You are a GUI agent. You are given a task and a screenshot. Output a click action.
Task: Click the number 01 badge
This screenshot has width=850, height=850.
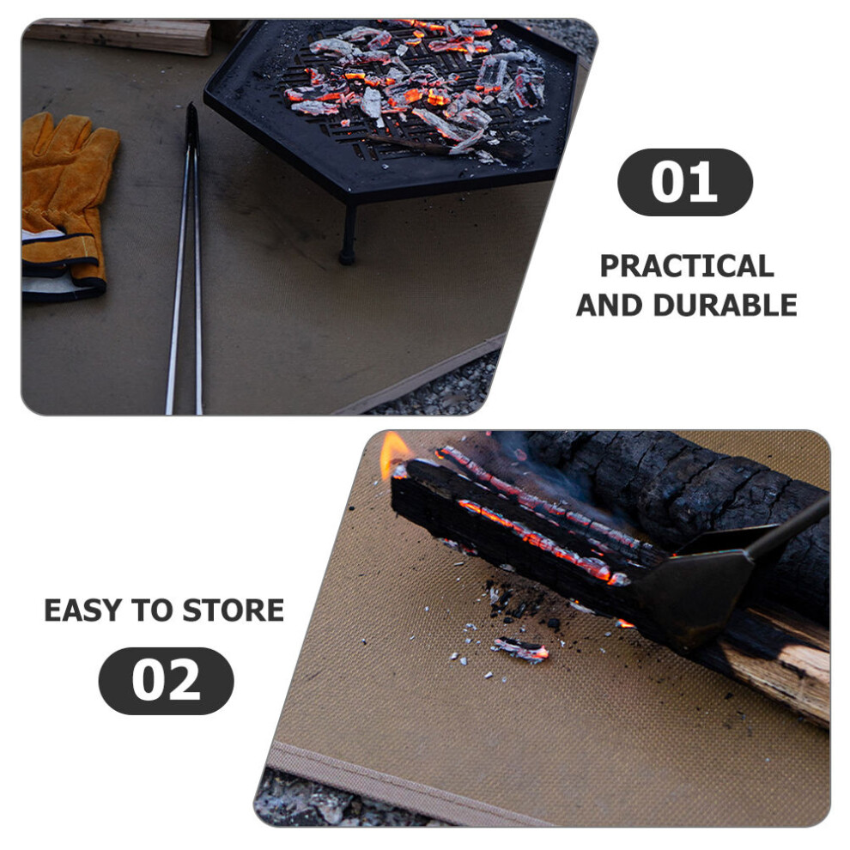click(x=684, y=182)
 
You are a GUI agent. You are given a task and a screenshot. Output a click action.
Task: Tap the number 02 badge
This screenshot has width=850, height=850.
click(x=166, y=680)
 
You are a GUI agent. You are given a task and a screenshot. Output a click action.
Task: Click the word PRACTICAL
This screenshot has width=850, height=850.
click(x=687, y=266)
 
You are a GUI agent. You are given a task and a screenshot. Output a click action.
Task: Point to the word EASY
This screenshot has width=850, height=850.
click(x=82, y=610)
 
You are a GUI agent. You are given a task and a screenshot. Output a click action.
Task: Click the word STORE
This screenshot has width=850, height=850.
click(x=233, y=610)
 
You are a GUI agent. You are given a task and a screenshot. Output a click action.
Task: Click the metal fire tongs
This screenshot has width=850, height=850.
click(x=185, y=259)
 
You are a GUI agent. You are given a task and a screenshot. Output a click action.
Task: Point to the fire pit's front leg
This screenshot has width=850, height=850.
click(x=348, y=228)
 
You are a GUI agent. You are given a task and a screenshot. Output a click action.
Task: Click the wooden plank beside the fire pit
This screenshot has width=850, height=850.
click(x=119, y=36)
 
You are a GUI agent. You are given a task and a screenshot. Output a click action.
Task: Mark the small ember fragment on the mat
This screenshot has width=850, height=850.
click(x=520, y=648)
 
